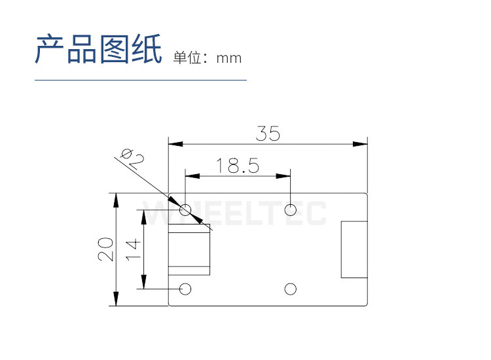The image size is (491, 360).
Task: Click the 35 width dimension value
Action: click(x=268, y=134)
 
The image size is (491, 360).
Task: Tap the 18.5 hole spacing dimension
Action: click(x=238, y=166)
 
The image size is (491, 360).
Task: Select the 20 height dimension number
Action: click(x=105, y=249)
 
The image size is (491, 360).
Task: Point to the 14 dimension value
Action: click(x=133, y=249)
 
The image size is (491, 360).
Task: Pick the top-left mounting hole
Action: click(x=185, y=210)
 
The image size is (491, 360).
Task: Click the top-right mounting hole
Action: click(x=291, y=210)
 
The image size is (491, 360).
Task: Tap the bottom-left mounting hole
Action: click(x=185, y=289)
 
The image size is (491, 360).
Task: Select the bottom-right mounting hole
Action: click(x=291, y=289)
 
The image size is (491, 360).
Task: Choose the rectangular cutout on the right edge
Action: click(x=354, y=249)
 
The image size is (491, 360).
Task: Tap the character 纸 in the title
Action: click(x=147, y=50)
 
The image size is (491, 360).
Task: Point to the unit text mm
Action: click(x=229, y=58)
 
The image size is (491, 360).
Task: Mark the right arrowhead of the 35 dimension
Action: click(x=362, y=143)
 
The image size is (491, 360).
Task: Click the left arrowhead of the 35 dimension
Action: click(x=173, y=143)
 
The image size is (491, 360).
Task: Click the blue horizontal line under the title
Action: click(x=140, y=80)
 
